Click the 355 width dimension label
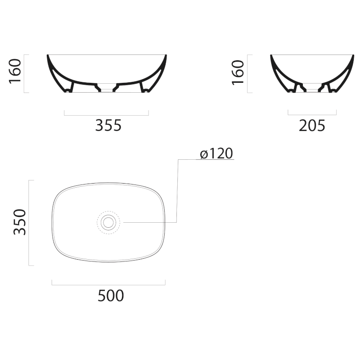pos(108,126)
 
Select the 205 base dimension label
pos(312,126)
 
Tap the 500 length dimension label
pos(111,296)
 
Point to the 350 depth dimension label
pos(20,222)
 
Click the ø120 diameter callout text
pos(216,153)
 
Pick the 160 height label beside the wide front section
pos(15,71)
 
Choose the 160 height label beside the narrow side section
pos(238,72)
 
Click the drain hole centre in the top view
pos(108,222)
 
